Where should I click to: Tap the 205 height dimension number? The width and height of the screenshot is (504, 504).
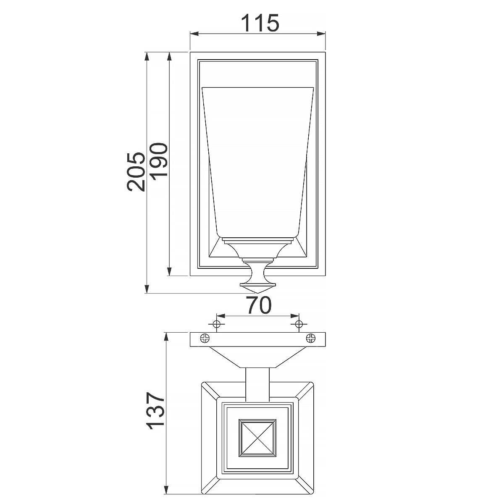coord(136,172)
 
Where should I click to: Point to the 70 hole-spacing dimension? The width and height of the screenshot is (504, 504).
coord(259,305)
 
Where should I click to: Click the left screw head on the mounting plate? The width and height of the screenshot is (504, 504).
coord(205,338)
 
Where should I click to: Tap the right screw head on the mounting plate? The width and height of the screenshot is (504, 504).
coord(311,338)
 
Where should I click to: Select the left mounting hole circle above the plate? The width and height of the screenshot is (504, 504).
coord(217,324)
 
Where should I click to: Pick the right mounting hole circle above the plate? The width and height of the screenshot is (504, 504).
coord(299,324)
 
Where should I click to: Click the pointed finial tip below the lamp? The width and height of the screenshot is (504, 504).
coord(258,293)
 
